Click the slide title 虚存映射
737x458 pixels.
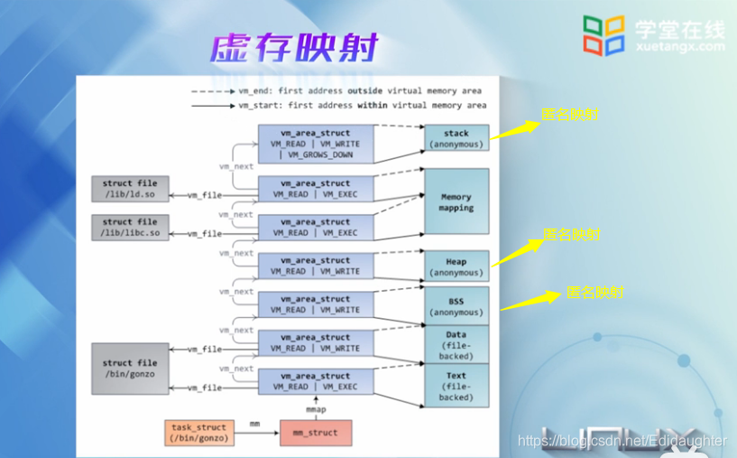pyautogui.click(x=293, y=47)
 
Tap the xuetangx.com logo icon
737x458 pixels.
pyautogui.click(x=603, y=34)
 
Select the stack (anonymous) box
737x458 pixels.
pyautogui.click(x=456, y=138)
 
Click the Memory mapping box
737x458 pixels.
pyautogui.click(x=456, y=201)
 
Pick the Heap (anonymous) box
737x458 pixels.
pyautogui.click(x=456, y=266)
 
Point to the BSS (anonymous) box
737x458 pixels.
pyautogui.click(x=456, y=306)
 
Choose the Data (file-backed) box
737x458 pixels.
pyautogui.click(x=456, y=344)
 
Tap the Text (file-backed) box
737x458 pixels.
pyautogui.click(x=456, y=386)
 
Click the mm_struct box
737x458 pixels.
pyautogui.click(x=315, y=433)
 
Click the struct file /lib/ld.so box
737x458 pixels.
pyautogui.click(x=129, y=189)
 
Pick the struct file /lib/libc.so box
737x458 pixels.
pyautogui.click(x=129, y=228)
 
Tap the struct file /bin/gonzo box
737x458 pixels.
pyautogui.click(x=129, y=369)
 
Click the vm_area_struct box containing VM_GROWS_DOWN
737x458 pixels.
pyautogui.click(x=315, y=144)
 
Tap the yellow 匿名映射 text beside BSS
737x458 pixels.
pyautogui.click(x=594, y=293)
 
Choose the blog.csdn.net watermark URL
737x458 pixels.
pyautogui.click(x=622, y=441)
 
